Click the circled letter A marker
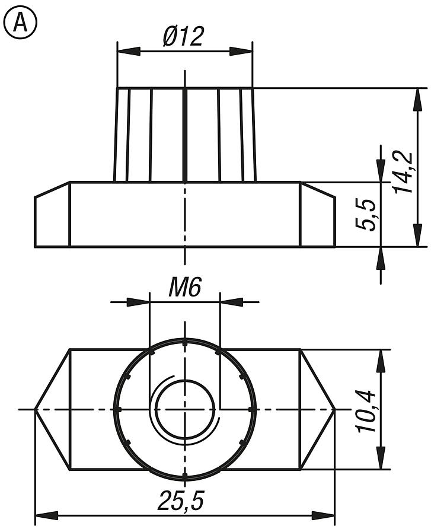20,23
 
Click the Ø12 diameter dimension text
184,37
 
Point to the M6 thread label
185,288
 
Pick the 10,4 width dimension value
368,410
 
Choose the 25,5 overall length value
181,502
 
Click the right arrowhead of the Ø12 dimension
241,51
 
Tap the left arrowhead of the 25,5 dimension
46,515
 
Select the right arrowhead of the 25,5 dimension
324,515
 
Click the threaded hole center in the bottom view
185,409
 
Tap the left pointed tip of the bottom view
36,409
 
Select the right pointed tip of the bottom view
335,409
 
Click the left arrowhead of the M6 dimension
138,302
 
